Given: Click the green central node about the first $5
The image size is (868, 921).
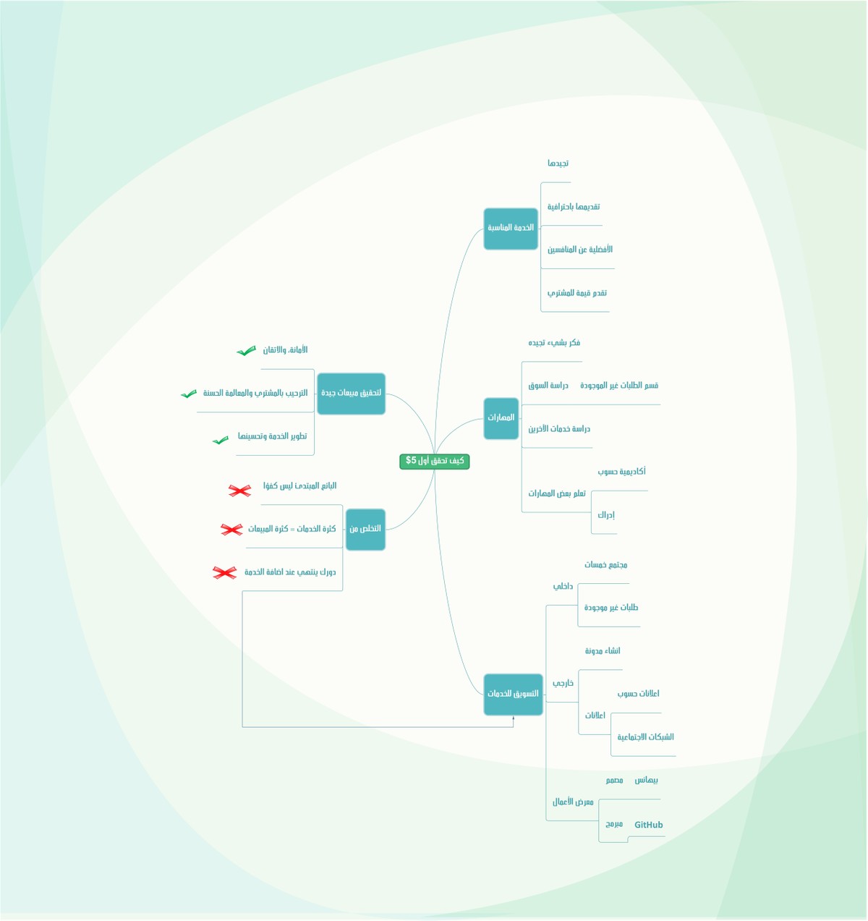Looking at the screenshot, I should [434, 461].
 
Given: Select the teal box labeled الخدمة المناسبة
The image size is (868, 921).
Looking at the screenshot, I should [511, 229].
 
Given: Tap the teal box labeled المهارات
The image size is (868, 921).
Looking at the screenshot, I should [501, 418].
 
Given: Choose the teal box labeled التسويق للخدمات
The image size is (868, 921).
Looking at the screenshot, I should [513, 695].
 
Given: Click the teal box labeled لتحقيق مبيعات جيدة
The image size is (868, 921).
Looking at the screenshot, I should [351, 394].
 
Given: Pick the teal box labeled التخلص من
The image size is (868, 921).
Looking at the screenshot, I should [365, 530].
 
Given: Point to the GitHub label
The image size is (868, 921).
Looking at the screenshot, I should [648, 825].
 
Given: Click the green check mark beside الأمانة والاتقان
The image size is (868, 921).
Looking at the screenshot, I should [246, 351].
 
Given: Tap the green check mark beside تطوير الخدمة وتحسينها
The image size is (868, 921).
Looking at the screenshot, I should [221, 440].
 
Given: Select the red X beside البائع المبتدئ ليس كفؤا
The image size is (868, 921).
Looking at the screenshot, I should [239, 491].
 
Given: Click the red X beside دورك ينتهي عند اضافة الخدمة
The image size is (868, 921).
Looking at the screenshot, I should [224, 573].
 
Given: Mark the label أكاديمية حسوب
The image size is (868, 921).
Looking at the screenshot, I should [621, 472].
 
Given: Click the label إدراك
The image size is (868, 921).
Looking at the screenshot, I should [605, 515].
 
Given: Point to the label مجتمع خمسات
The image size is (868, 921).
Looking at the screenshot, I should [605, 565].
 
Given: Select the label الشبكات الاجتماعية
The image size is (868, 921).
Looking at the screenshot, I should [645, 737].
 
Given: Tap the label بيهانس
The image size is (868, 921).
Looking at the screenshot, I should [646, 781].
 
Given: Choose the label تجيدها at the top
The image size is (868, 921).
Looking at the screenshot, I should [558, 164].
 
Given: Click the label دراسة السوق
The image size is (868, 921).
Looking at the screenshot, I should [548, 386].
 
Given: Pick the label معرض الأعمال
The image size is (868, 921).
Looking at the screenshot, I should [573, 802].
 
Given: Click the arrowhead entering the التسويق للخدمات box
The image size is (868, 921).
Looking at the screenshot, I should [514, 718].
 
